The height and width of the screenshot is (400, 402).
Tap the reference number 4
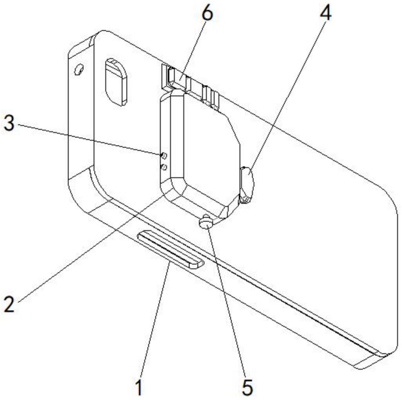click(x=325, y=13)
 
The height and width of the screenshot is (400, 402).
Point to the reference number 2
click(x=10, y=304)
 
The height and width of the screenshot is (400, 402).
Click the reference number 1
click(x=139, y=388)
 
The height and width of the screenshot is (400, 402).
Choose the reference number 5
click(x=247, y=388)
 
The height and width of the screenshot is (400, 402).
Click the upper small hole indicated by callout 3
click(x=164, y=155)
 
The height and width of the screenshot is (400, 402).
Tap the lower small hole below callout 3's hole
click(x=164, y=167)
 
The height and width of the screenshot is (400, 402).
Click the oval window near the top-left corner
click(x=117, y=82)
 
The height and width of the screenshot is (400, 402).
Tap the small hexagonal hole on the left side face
click(x=79, y=69)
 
